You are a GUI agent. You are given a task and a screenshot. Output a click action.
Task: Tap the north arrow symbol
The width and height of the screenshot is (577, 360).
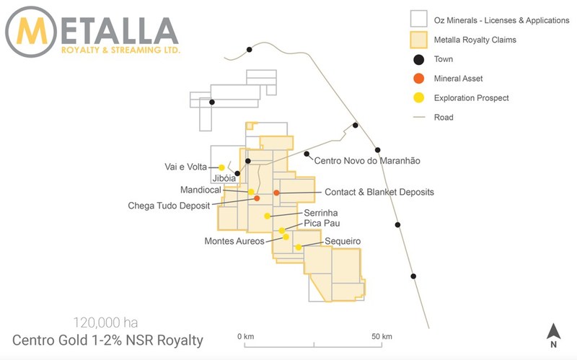tap(552, 333)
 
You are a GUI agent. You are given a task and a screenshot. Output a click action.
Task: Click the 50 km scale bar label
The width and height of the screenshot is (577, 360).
tap(382, 337)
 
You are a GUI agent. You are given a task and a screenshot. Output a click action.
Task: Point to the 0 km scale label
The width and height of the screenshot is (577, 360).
tap(247, 337)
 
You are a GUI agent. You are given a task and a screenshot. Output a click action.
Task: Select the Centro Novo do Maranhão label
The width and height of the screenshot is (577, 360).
tap(367, 160)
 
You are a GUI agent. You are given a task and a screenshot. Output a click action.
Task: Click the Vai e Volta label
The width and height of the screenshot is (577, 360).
tap(186, 167)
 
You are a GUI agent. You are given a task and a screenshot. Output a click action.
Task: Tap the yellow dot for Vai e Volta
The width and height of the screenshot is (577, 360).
tap(221, 167)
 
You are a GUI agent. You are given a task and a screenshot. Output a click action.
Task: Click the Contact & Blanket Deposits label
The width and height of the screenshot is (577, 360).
tap(379, 193)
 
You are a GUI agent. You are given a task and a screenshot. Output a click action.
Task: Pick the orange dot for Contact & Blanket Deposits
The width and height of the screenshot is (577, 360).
tap(276, 193)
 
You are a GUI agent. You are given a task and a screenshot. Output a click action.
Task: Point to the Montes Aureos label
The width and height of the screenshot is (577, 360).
tap(234, 241)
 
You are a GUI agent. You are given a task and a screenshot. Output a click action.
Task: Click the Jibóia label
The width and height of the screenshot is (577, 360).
tap(224, 178)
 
